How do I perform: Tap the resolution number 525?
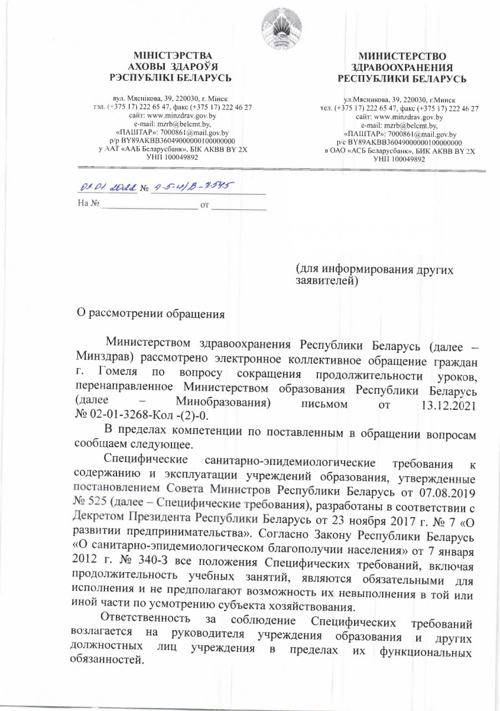tap(98, 504)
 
